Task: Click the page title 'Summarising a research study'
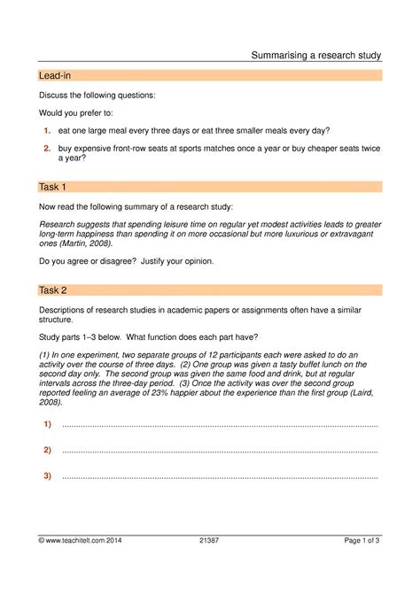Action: [315, 55]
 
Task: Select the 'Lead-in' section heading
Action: [54, 76]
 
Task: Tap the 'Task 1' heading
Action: [52, 187]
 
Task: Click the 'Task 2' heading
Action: [52, 289]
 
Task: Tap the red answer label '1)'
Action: [47, 425]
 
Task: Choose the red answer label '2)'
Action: [47, 451]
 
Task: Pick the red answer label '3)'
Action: [47, 476]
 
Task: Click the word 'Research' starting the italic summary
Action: [59, 225]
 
